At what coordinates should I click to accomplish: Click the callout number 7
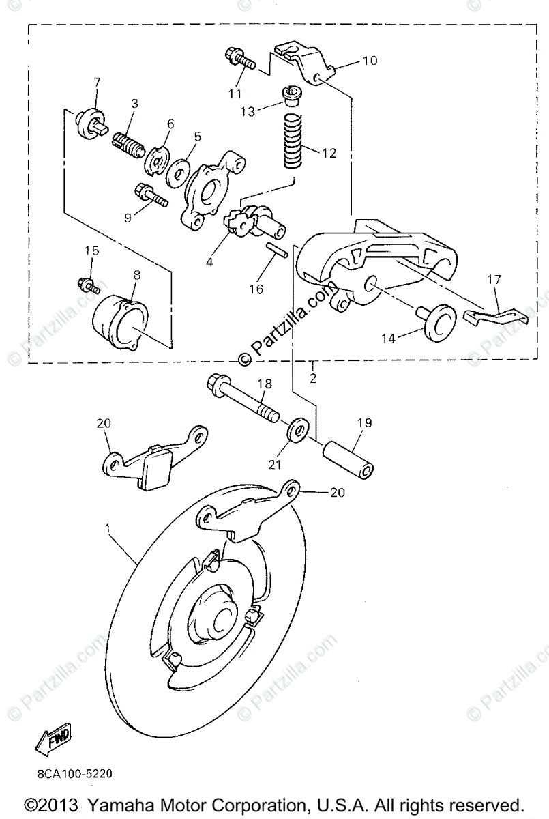pyautogui.click(x=97, y=83)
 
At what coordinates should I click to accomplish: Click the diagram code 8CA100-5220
pyautogui.click(x=70, y=775)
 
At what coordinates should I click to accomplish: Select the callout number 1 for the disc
pyautogui.click(x=107, y=528)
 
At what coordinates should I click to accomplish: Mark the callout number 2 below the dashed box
pyautogui.click(x=313, y=377)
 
